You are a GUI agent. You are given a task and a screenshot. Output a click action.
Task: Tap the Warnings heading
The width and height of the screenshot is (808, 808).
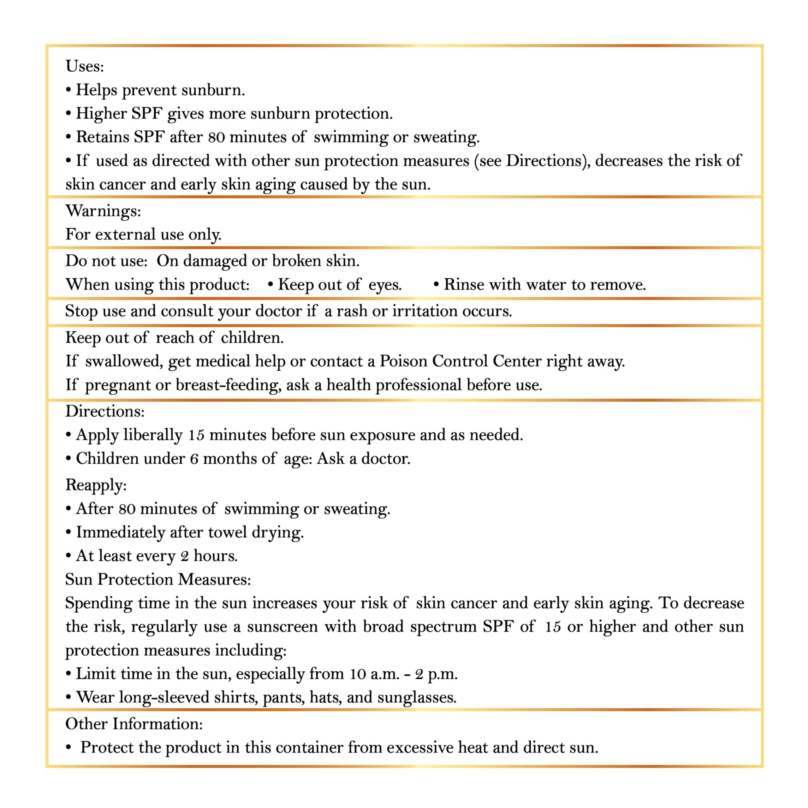[103, 211]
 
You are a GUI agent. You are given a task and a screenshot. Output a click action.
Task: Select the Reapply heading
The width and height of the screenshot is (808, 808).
[96, 485]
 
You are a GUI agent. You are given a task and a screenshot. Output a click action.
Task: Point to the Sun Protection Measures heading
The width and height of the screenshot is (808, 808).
[158, 579]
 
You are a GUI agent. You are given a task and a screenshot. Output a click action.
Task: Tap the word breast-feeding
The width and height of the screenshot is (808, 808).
[228, 385]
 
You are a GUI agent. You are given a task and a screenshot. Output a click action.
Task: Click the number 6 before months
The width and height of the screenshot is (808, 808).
[194, 459]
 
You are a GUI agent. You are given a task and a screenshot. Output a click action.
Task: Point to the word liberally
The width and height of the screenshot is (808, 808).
[153, 435]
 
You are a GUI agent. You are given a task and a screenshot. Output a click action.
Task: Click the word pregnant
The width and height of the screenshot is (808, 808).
[117, 385]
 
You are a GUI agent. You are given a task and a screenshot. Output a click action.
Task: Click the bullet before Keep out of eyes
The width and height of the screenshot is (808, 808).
[270, 284]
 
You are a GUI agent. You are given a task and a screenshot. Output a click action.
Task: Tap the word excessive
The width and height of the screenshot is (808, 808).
[419, 747]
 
